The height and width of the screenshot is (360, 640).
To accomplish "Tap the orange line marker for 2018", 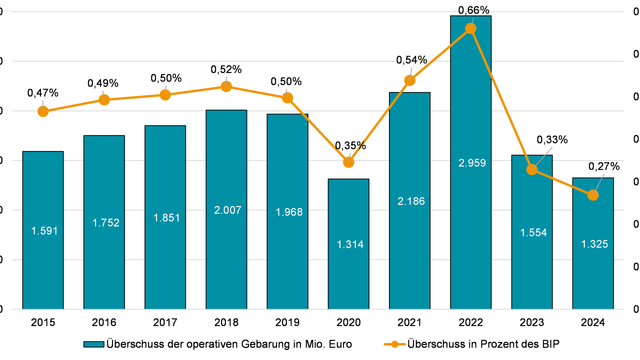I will coord(226,86).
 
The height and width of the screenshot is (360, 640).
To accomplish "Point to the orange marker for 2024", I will coord(593,195).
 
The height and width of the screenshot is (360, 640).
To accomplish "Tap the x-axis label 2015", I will coord(43,322).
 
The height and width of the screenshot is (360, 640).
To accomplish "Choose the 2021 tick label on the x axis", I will coord(409,322).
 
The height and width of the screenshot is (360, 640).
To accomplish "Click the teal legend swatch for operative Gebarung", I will coord(94,344).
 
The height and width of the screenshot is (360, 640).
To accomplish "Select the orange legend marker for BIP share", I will coord(395,344).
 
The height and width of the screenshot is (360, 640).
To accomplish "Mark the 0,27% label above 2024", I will coord(603,166).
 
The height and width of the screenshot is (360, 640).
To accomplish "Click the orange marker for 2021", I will coord(410,80).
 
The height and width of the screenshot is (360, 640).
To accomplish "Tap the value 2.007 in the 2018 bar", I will coord(227,210).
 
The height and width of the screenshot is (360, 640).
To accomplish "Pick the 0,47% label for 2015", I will coord(43,92).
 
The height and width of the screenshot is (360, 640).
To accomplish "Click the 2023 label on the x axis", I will coord(532,322).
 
